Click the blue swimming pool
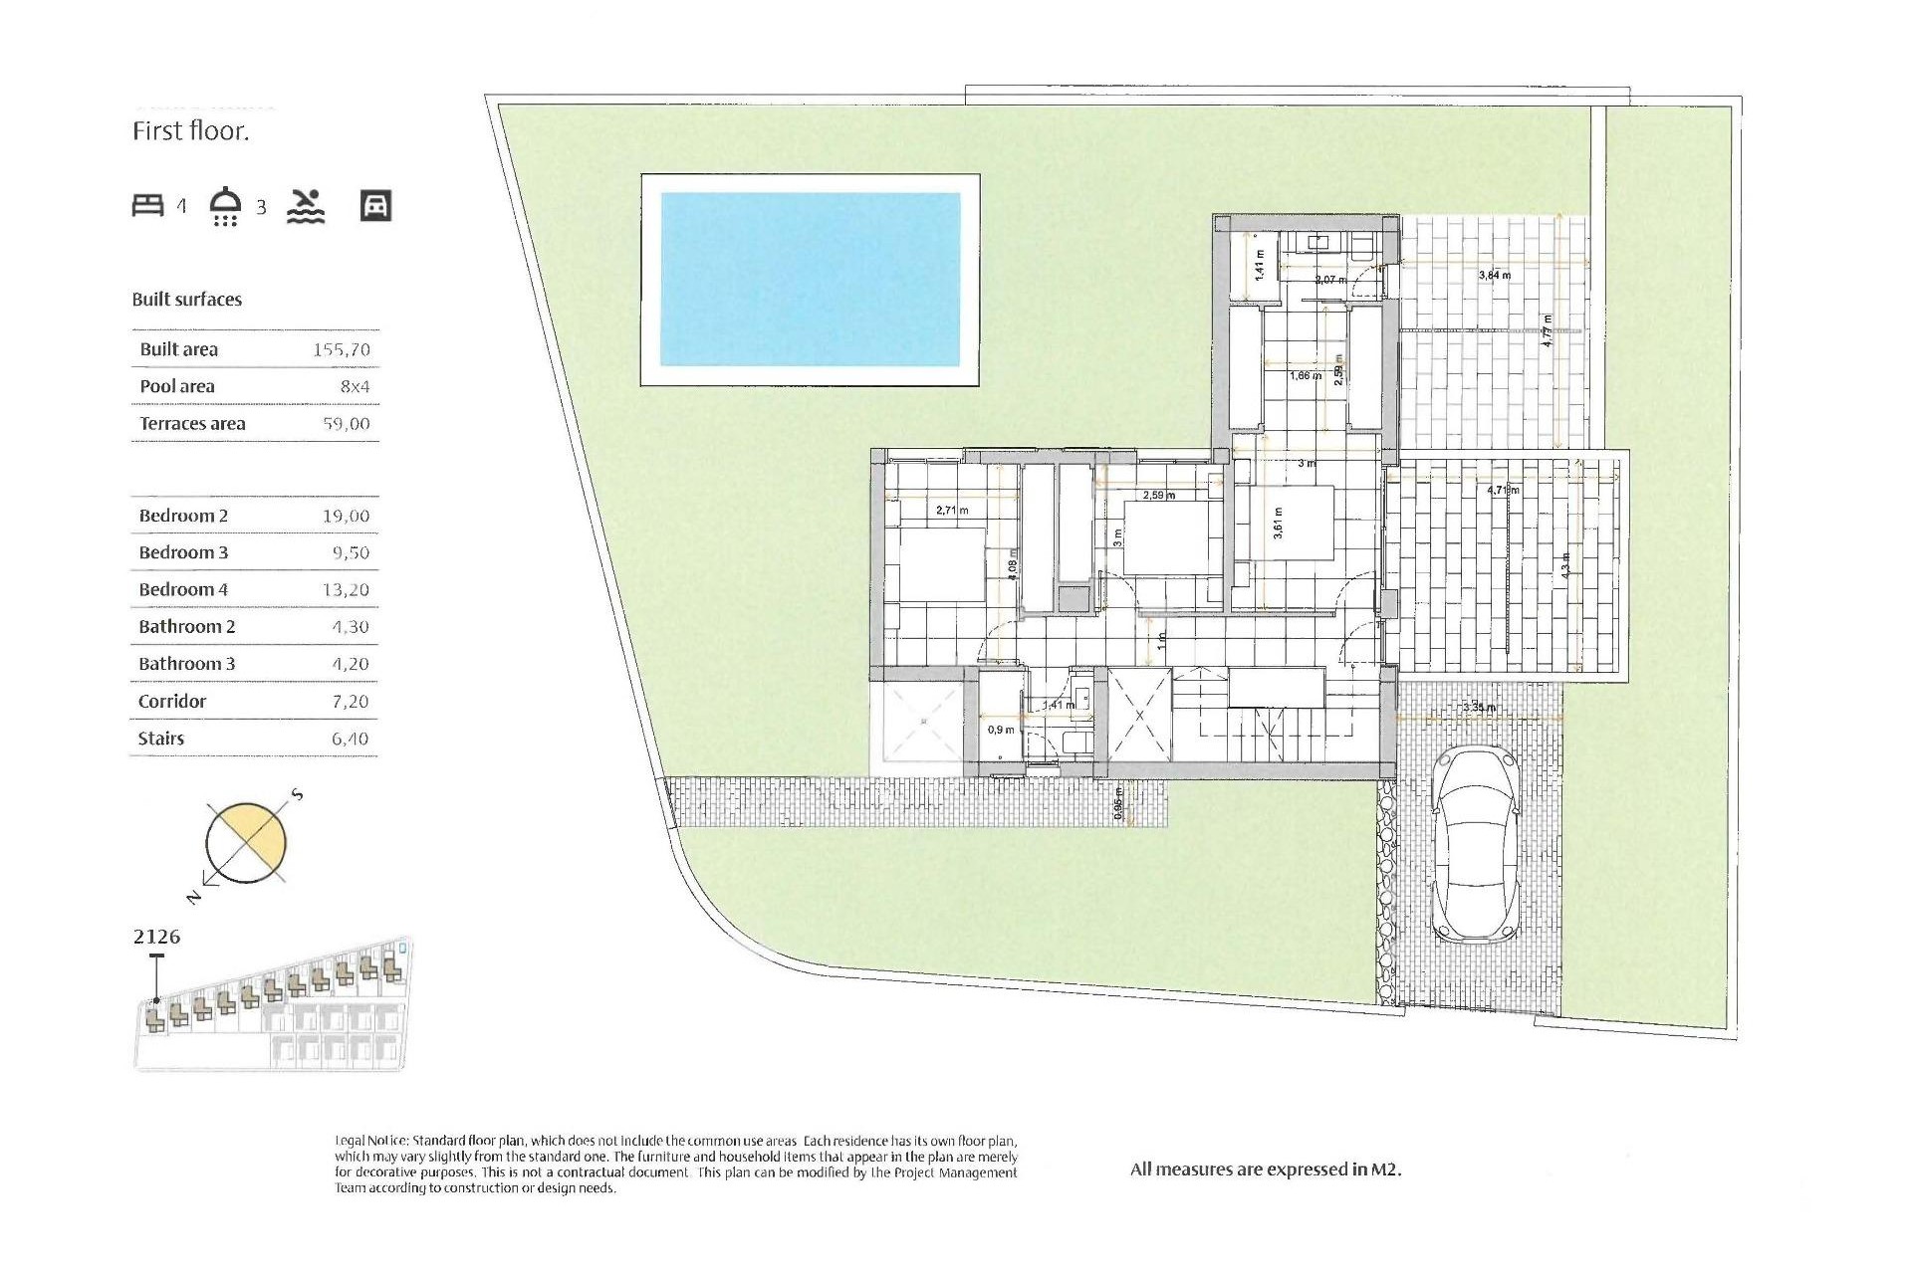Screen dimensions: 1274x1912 pyautogui.click(x=810, y=280)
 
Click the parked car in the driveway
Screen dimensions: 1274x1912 pyautogui.click(x=1476, y=845)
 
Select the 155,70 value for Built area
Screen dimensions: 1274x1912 pyautogui.click(x=341, y=349)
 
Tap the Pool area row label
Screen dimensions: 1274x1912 pyautogui.click(x=177, y=386)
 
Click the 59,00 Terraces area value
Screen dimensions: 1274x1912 pyautogui.click(x=346, y=424)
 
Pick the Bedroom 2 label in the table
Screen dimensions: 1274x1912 pyautogui.click(x=183, y=516)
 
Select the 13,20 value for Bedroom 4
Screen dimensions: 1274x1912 pyautogui.click(x=346, y=590)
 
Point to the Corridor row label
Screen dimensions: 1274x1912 pyautogui.click(x=172, y=702)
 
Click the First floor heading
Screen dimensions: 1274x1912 pyautogui.click(x=190, y=131)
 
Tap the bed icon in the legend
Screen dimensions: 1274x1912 pyautogui.click(x=147, y=206)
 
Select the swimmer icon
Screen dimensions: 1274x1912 pyautogui.click(x=306, y=206)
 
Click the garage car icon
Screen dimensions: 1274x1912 pyautogui.click(x=375, y=206)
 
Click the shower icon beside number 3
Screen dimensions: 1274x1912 pyautogui.click(x=226, y=206)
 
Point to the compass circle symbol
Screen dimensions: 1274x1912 pyautogui.click(x=245, y=842)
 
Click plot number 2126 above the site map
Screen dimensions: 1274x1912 pyautogui.click(x=156, y=937)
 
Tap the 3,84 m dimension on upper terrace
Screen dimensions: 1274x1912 pyautogui.click(x=1494, y=275)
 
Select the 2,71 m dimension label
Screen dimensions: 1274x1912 pyautogui.click(x=952, y=511)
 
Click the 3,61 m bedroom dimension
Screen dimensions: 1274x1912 pyautogui.click(x=1279, y=524)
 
